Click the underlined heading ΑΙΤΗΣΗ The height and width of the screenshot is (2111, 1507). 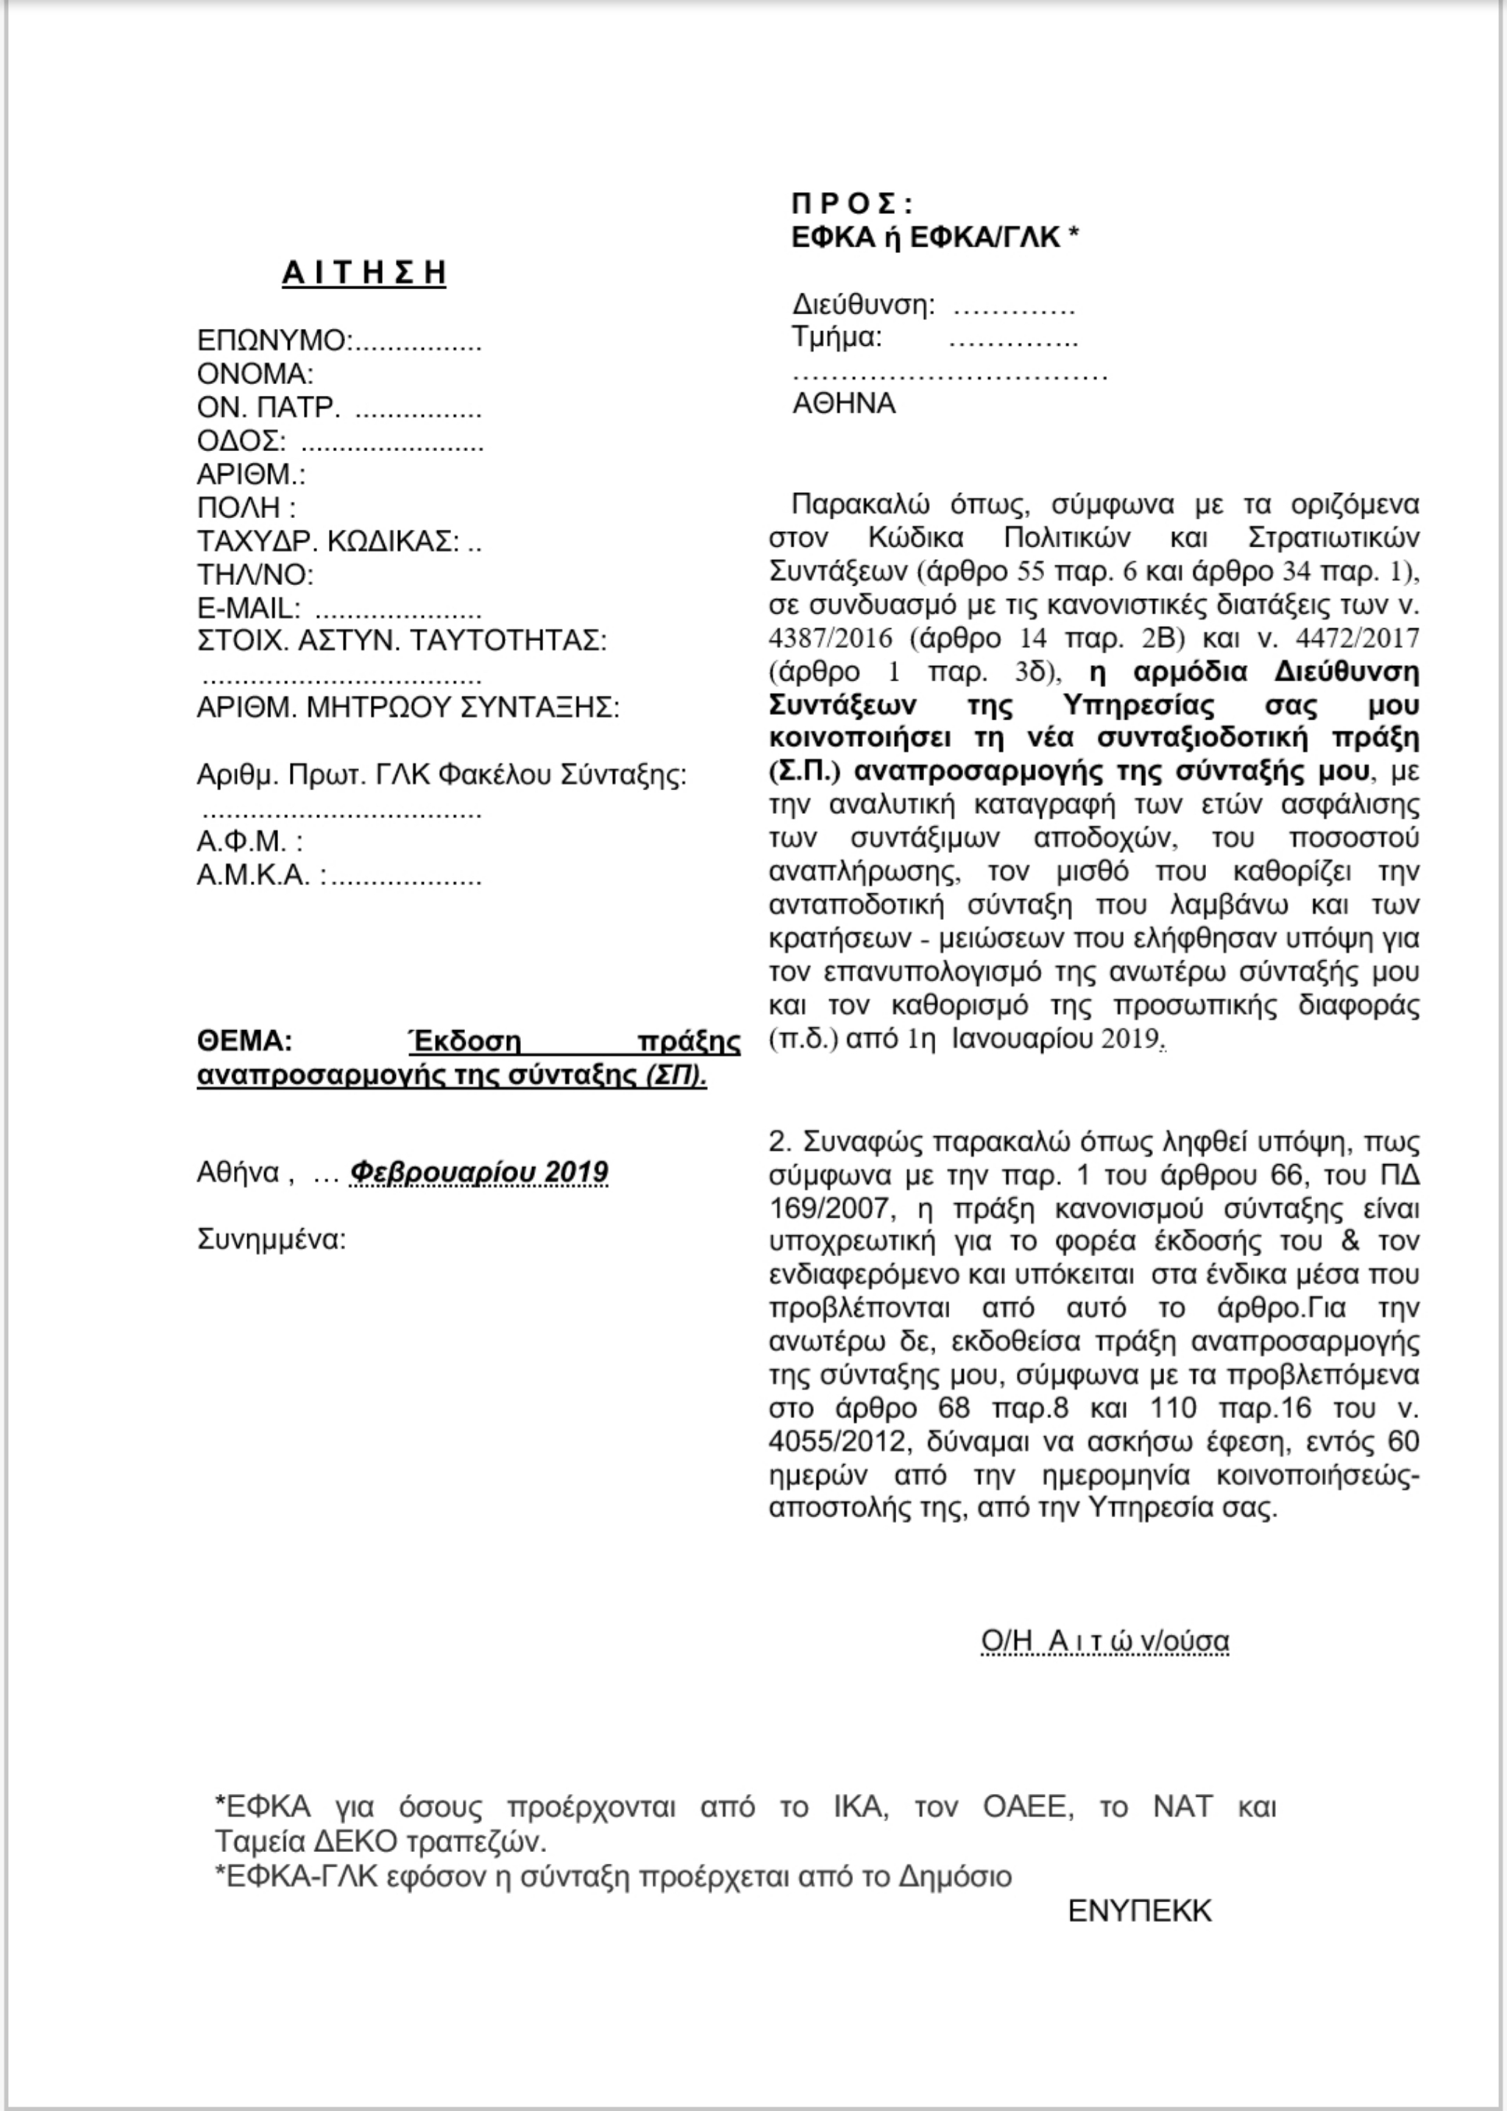(x=364, y=273)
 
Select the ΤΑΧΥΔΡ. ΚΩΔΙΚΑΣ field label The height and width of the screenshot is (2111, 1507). (x=327, y=541)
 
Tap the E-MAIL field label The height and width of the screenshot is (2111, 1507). (x=248, y=609)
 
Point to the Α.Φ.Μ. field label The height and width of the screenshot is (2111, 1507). (x=249, y=842)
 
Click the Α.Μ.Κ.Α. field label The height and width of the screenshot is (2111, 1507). (x=260, y=875)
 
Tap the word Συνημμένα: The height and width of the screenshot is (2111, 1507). (x=271, y=1240)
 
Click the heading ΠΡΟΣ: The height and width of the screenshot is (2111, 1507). (x=852, y=204)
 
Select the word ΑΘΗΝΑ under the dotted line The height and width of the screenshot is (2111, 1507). (x=843, y=404)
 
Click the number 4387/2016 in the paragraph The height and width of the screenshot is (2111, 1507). (x=831, y=639)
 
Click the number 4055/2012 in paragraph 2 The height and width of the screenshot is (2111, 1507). (x=831, y=1442)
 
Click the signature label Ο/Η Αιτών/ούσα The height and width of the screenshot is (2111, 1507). (x=1104, y=1642)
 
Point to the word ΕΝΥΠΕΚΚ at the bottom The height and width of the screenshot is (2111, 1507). (x=1140, y=1911)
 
